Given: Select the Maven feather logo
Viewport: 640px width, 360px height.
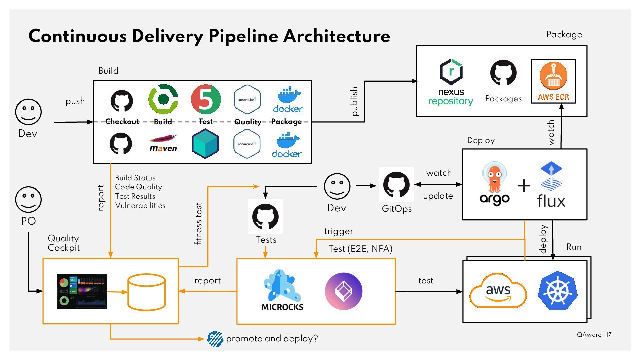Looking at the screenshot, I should coord(163,143).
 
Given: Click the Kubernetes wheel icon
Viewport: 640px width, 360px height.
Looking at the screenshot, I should coord(557,290).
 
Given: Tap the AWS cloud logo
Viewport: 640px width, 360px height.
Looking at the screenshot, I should coord(498,291).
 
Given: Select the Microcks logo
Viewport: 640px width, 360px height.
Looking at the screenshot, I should coord(282,290).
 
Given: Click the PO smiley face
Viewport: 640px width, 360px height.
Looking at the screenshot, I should coord(28,199).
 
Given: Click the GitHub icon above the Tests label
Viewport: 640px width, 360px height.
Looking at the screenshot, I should coord(265,217).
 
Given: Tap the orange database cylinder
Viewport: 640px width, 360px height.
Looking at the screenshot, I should coord(147,292).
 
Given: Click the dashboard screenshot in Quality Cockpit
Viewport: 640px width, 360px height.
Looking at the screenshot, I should coord(82,292).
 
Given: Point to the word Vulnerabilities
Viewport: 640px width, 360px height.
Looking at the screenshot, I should coord(140,206).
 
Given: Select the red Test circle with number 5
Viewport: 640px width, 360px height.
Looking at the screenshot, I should coord(206,99).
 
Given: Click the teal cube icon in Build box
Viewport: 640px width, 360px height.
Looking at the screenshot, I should coord(205,144).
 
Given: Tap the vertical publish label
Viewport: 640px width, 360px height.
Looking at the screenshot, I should coord(354,101).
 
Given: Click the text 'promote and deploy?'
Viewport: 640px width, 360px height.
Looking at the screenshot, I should coord(272,339).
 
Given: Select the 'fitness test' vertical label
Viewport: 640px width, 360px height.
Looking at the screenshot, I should coord(199,223).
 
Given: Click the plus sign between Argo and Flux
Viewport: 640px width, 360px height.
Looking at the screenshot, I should coord(524,186).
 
